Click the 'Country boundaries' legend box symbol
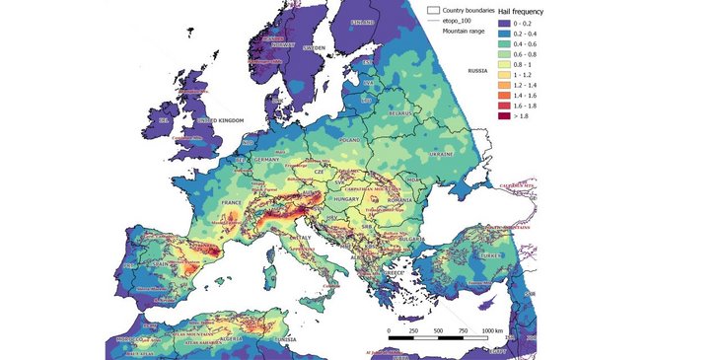coord(432,10)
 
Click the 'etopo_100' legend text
coord(462,21)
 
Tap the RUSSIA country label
coord(478,71)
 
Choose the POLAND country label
coord(350,141)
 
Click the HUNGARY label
coord(346,198)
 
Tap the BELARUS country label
coord(399,114)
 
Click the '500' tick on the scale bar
coord(438,329)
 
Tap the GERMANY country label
coord(269,160)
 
